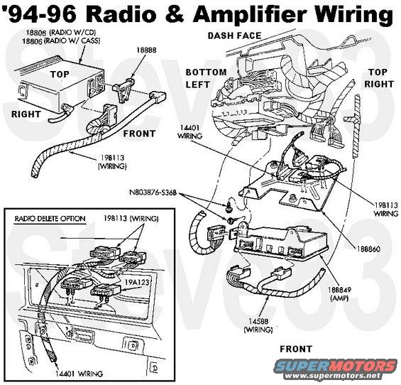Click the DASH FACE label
click(234, 36)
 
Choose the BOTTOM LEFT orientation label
click(206, 78)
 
